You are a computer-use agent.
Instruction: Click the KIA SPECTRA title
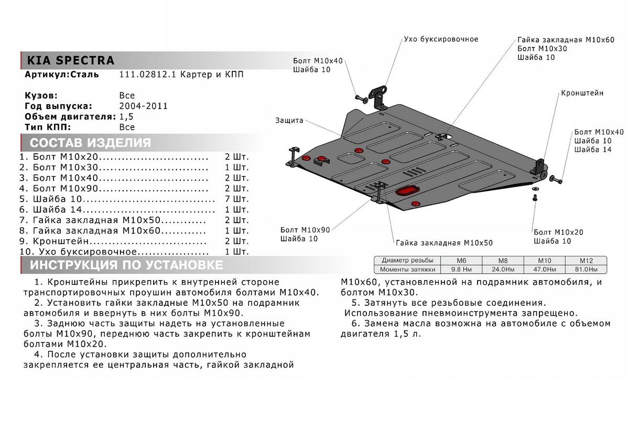pyautogui.click(x=70, y=60)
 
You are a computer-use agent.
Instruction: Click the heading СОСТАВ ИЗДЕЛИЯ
pyautogui.click(x=90, y=143)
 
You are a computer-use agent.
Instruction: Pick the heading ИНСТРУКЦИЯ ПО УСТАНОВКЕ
pyautogui.click(x=126, y=264)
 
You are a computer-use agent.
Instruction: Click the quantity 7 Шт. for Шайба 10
pyautogui.click(x=236, y=199)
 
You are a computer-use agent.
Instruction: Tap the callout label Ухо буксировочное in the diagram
pyautogui.click(x=441, y=39)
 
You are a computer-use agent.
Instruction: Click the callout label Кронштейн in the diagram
pyautogui.click(x=582, y=93)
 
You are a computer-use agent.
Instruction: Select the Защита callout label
pyautogui.click(x=289, y=120)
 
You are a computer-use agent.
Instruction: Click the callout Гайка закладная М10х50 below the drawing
pyautogui.click(x=444, y=243)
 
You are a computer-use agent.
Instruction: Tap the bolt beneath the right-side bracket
pyautogui.click(x=534, y=197)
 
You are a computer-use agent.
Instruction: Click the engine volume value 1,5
pyautogui.click(x=127, y=116)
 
